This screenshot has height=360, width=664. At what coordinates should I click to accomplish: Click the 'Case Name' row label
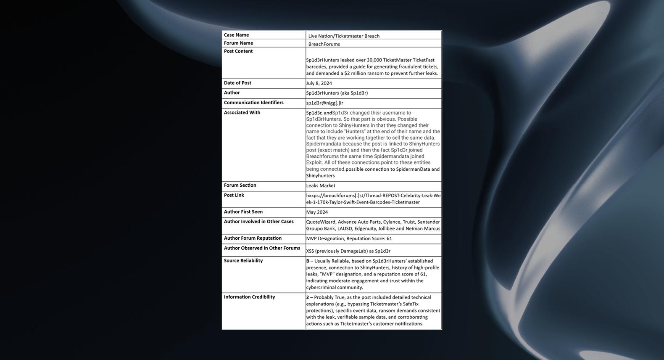236,35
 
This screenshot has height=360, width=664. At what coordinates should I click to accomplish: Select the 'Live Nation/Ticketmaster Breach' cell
344,36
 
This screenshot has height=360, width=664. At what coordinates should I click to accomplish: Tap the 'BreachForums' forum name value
324,44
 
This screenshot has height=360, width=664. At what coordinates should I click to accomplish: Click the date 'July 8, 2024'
319,83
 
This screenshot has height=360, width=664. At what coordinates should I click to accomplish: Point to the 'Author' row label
232,93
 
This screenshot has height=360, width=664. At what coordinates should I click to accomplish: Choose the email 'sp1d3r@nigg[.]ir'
324,103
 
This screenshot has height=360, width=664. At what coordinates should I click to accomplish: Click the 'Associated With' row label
242,113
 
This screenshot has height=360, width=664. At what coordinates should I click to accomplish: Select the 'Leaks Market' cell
321,185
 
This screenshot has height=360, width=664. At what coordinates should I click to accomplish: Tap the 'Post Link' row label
234,195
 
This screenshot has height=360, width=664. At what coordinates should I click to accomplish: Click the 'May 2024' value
317,212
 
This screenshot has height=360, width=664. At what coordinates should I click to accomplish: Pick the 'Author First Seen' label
243,212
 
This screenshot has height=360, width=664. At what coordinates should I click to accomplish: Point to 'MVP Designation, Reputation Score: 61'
349,238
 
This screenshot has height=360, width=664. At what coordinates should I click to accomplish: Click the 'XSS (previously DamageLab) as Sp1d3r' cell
348,251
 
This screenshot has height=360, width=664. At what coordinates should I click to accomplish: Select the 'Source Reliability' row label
243,261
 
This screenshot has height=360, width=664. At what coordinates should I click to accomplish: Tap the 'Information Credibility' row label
249,297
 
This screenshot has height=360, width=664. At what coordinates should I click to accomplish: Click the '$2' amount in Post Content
347,74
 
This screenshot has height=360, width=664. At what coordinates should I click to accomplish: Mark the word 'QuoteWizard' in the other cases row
321,222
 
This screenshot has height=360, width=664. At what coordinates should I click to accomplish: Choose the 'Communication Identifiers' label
253,103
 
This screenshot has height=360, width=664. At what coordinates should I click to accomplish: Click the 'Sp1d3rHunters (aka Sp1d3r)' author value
337,93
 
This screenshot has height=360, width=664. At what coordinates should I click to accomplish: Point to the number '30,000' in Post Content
374,60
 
